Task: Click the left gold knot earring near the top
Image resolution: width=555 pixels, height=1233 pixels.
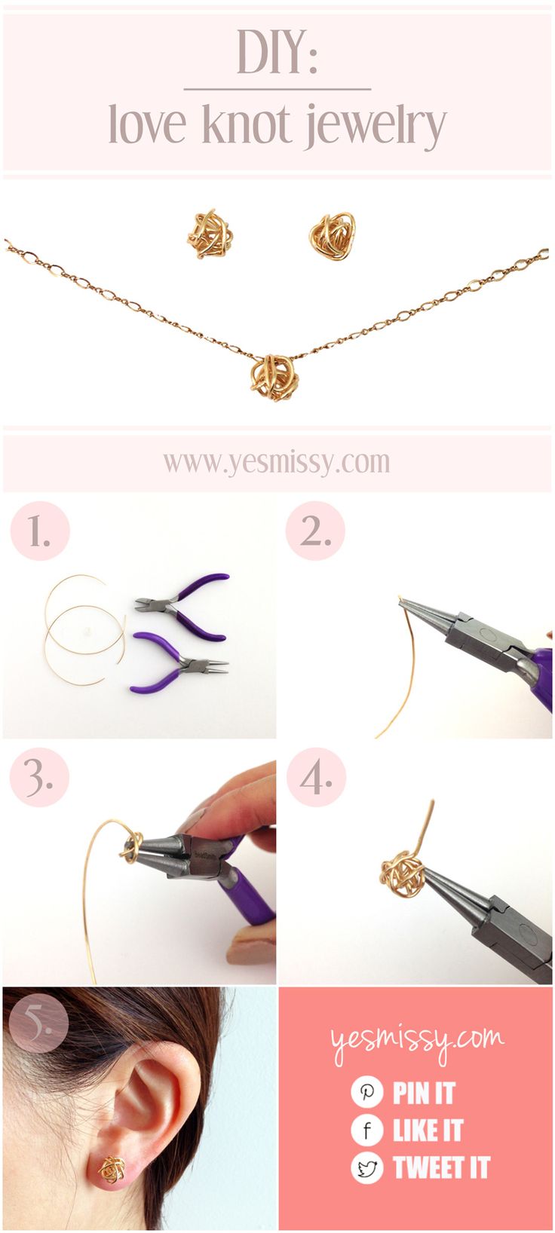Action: [210, 234]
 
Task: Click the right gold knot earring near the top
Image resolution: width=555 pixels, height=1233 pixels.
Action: [332, 236]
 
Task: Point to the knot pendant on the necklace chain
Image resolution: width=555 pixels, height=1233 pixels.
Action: [274, 378]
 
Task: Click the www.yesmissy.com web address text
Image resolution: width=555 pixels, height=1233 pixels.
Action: [277, 463]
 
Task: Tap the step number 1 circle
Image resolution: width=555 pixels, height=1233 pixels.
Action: [40, 531]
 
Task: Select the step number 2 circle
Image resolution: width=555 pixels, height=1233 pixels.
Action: [315, 531]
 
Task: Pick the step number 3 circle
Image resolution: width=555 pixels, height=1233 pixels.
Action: [40, 777]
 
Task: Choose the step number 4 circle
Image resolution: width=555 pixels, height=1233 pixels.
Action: [316, 777]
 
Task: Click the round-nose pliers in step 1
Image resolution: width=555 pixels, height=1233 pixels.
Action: [179, 662]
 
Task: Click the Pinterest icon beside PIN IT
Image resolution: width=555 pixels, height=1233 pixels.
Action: [367, 1092]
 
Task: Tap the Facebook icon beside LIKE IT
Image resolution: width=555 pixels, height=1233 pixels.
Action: [367, 1130]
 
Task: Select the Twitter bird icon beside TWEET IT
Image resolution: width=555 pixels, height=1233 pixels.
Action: [367, 1168]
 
